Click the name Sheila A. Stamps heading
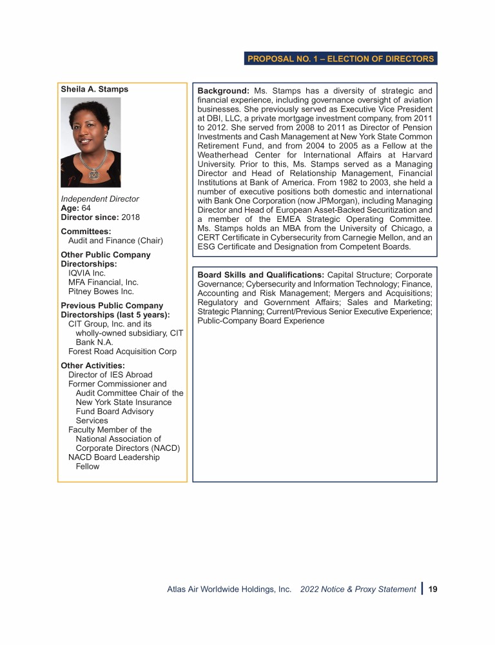94,89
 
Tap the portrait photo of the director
90,142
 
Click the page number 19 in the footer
433,589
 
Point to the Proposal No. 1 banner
341,59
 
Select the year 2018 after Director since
130,217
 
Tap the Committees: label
86,231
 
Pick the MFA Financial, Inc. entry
103,282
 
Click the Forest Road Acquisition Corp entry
122,352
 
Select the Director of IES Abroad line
110,375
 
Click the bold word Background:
223,91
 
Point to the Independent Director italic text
100,199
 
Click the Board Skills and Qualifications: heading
261,275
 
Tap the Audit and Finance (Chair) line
115,241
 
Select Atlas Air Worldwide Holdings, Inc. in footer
229,589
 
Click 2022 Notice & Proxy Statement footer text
358,589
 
